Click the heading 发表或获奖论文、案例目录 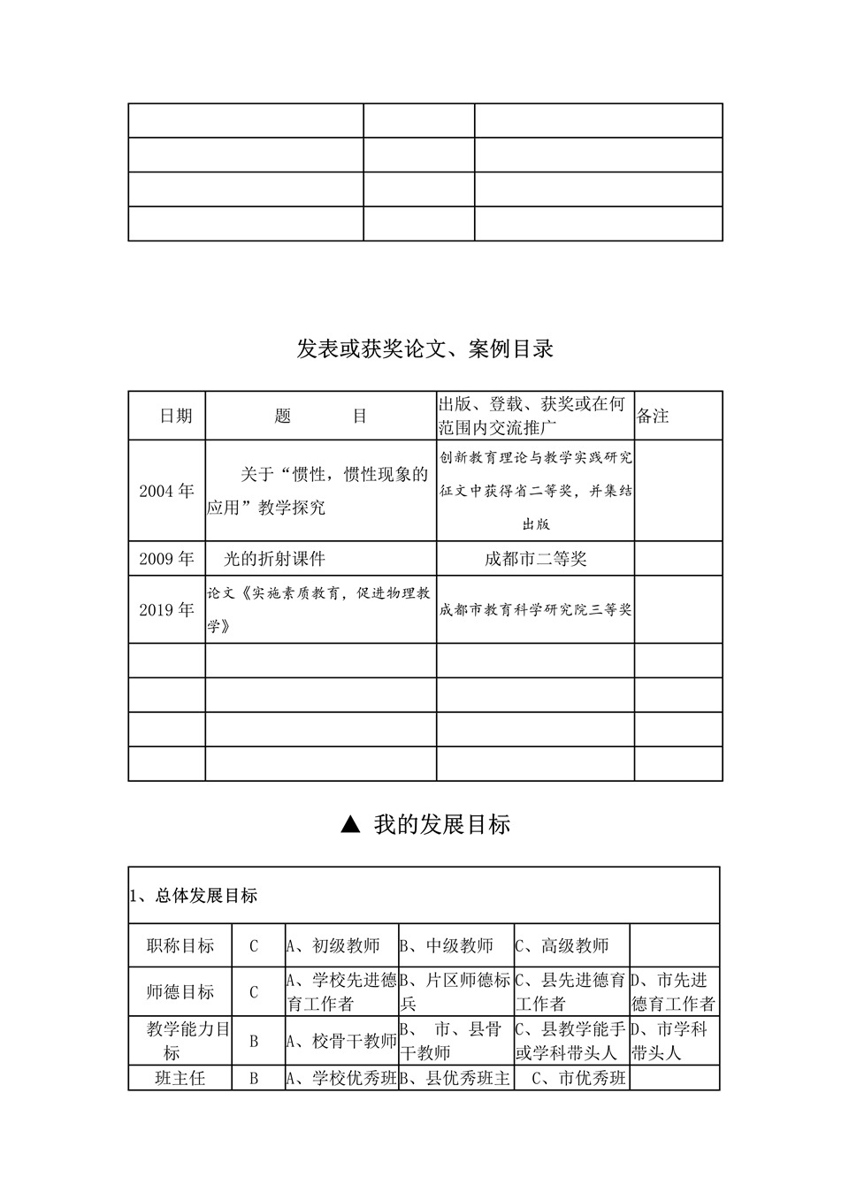424,348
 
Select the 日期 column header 175,416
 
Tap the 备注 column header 653,416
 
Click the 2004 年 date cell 166,491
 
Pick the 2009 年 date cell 166,559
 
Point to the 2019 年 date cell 166,610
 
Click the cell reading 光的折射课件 275,559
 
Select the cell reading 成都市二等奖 535,559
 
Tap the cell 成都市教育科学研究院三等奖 535,610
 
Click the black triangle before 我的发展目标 350,825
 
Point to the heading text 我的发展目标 441,825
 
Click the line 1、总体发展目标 194,896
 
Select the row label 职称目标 180,946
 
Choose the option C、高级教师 562,946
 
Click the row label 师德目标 180,992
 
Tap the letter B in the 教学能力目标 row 254,1042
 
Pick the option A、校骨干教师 341,1042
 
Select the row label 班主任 180,1079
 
